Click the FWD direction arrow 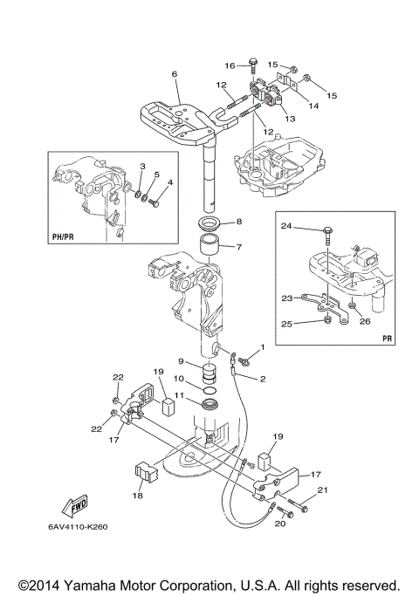(76, 507)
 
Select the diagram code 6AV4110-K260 (78, 527)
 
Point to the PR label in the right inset (387, 339)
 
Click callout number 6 (175, 74)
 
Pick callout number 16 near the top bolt (230, 65)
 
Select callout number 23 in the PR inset (287, 298)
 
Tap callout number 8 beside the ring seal (239, 221)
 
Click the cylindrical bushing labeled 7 (209, 247)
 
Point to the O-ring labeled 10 (209, 390)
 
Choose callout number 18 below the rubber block (138, 496)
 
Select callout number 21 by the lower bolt (322, 490)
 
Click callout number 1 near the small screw (262, 346)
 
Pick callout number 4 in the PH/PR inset (170, 182)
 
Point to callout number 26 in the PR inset (365, 322)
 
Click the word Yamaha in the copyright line (85, 585)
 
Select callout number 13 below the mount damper (290, 119)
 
